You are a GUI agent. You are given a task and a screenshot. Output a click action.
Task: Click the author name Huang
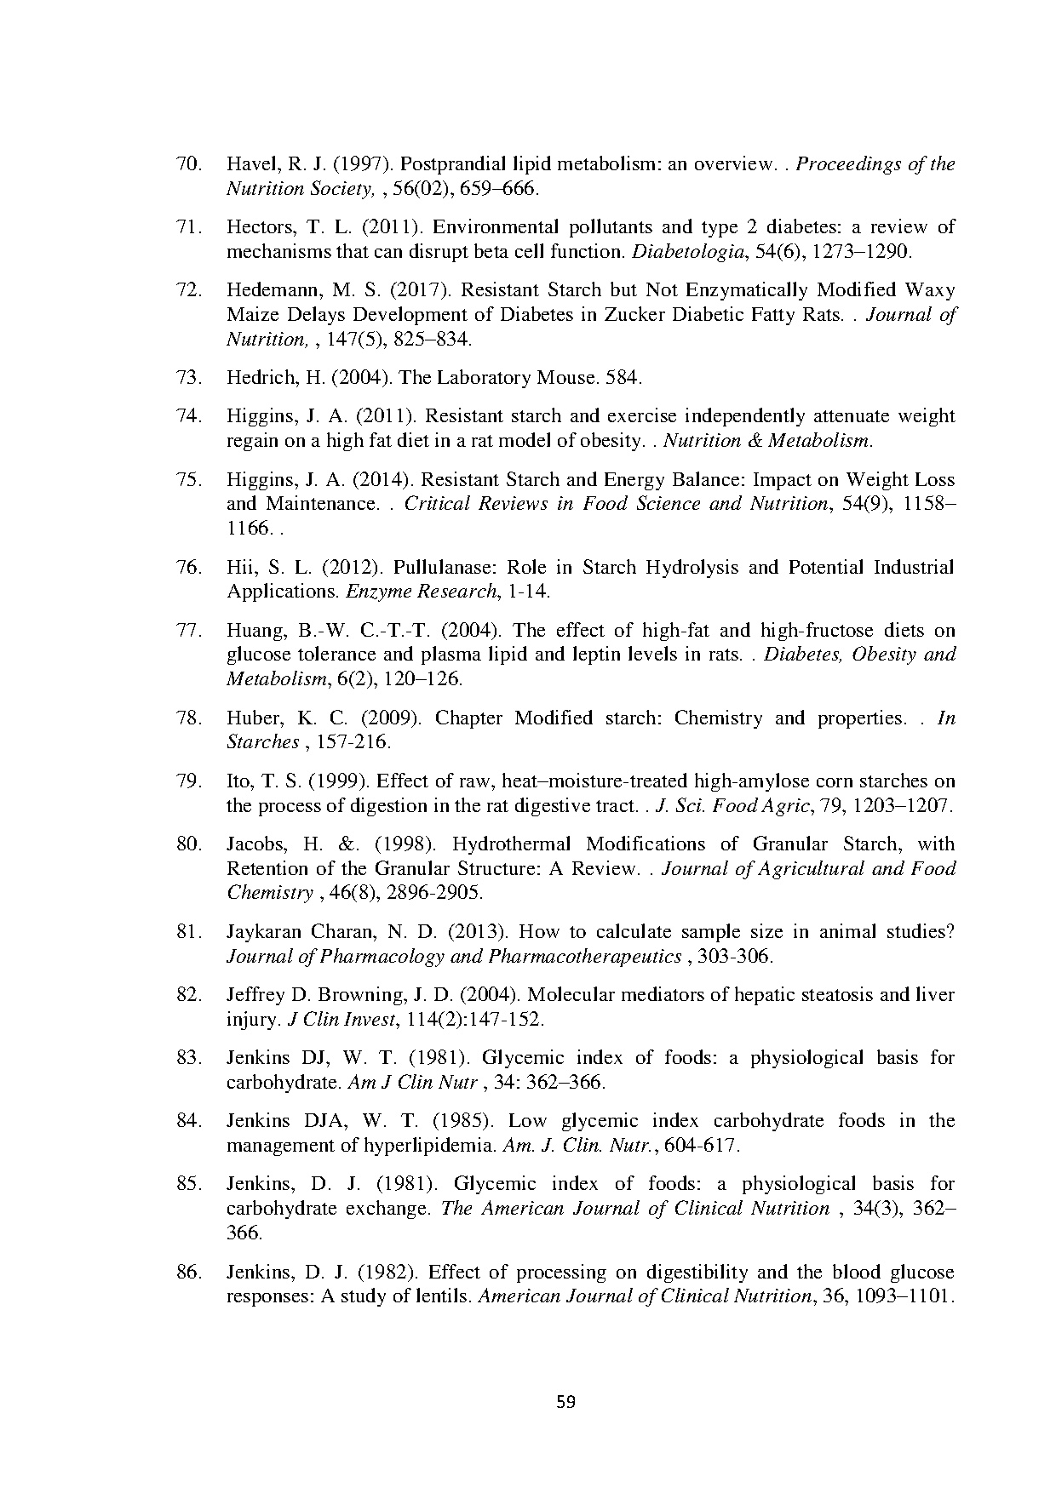click(250, 631)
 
